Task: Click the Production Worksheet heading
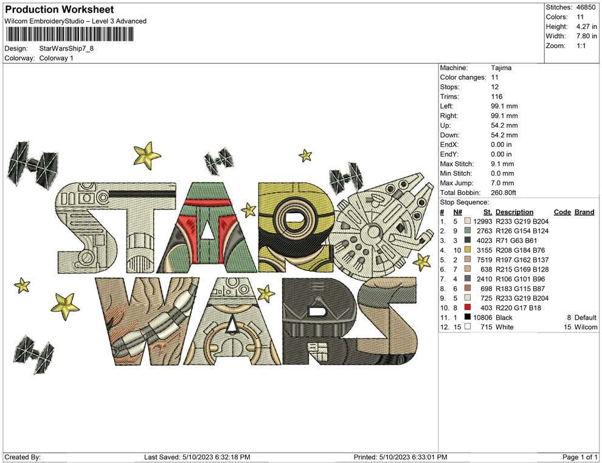pyautogui.click(x=59, y=10)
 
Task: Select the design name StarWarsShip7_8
pyautogui.click(x=66, y=49)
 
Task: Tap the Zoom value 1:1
pyautogui.click(x=581, y=46)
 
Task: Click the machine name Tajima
pyautogui.click(x=501, y=68)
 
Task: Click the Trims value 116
pyautogui.click(x=497, y=97)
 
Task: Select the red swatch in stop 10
pyautogui.click(x=467, y=308)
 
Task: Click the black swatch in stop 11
pyautogui.click(x=467, y=318)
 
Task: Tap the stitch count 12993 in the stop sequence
pyautogui.click(x=482, y=222)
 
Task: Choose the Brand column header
pyautogui.click(x=584, y=212)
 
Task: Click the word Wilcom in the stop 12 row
pyautogui.click(x=584, y=328)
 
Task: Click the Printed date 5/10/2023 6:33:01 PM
pyautogui.click(x=400, y=457)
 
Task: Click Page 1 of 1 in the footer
pyautogui.click(x=580, y=457)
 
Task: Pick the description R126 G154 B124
pyautogui.click(x=522, y=231)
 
